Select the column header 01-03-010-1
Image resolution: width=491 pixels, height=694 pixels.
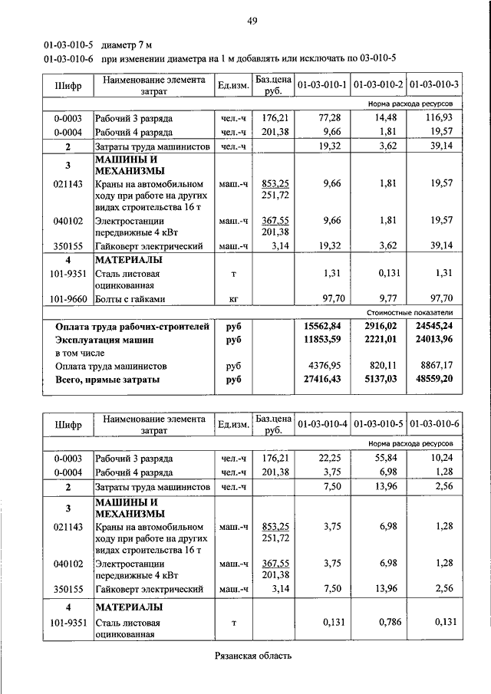pyautogui.click(x=322, y=84)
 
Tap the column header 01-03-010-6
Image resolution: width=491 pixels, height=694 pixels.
pyautogui.click(x=434, y=424)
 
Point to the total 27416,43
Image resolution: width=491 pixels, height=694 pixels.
pyautogui.click(x=323, y=379)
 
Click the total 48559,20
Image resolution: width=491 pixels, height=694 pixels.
pyautogui.click(x=435, y=379)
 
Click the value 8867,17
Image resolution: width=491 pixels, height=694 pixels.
pyautogui.click(x=437, y=366)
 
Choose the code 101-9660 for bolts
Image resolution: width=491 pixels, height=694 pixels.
pyautogui.click(x=68, y=298)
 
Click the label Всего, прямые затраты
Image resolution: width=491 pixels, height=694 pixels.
pyautogui.click(x=107, y=379)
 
